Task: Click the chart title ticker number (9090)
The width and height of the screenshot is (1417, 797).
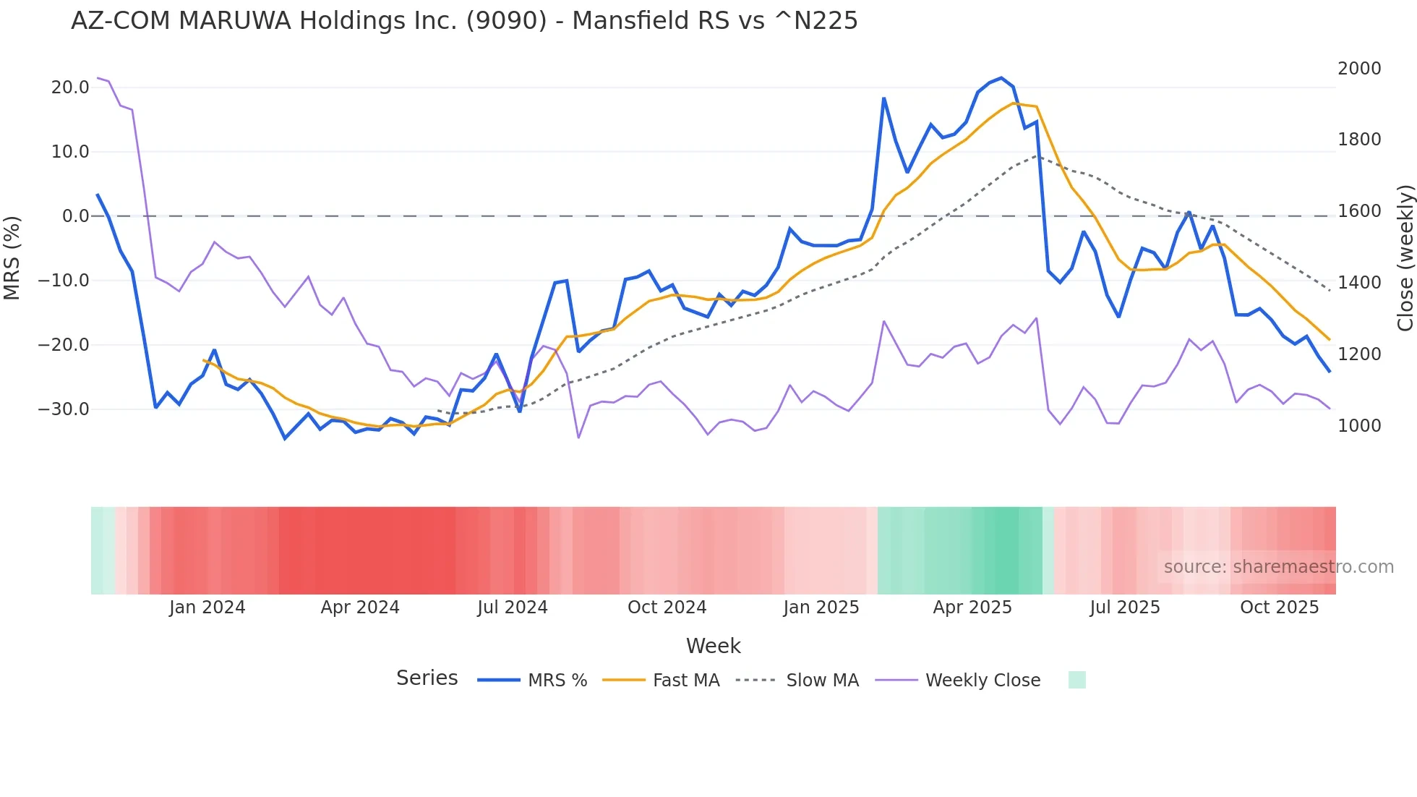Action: pos(506,21)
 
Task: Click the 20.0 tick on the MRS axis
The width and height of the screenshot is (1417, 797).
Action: pos(70,88)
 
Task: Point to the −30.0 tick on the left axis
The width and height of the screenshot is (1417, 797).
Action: pos(64,409)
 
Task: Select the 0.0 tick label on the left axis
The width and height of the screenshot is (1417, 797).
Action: pos(76,216)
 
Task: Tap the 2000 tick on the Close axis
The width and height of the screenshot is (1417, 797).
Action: pos(1359,69)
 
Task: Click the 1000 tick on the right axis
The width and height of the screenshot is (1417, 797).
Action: pos(1359,426)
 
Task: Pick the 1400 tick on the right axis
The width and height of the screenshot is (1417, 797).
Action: pos(1359,283)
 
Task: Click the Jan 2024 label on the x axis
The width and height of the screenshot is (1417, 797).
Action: pos(207,608)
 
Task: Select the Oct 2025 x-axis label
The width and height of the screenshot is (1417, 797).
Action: pos(1279,608)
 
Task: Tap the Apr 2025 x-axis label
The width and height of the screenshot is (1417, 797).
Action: pos(972,608)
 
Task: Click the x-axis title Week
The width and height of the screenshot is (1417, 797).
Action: pos(713,646)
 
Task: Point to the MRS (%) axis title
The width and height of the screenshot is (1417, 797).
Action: pos(12,257)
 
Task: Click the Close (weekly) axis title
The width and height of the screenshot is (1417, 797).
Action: pos(1405,258)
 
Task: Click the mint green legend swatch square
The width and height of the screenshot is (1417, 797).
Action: pos(1076,680)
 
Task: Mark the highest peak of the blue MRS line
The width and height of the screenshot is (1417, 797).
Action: pos(1001,78)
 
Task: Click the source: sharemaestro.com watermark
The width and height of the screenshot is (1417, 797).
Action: pos(1278,567)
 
